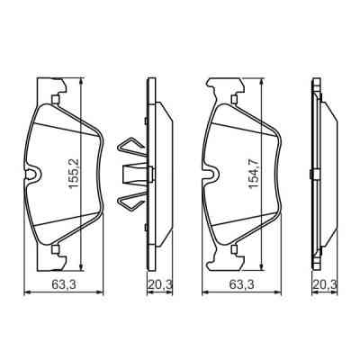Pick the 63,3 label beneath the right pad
coord(237,285)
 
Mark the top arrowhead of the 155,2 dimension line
coord(83,81)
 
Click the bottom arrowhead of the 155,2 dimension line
coord(83,265)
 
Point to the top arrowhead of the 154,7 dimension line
coord(262,82)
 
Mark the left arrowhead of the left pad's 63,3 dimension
coord(25,292)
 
